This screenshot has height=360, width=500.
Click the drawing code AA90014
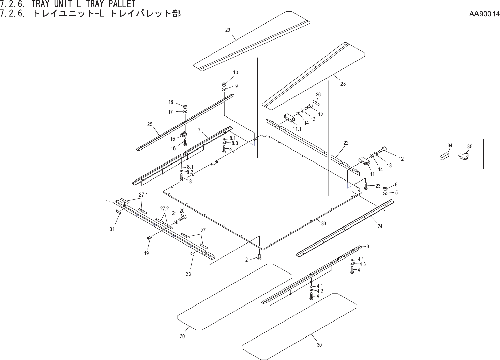click(484, 14)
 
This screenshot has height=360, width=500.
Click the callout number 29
click(228, 30)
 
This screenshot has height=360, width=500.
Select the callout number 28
click(343, 84)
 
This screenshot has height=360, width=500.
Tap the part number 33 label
click(323, 224)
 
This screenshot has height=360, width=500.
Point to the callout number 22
click(346, 143)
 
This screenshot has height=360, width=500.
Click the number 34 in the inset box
click(450, 145)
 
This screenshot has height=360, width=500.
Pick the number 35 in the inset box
click(470, 147)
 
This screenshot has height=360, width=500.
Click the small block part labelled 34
click(443, 157)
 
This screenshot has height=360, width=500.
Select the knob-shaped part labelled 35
click(463, 156)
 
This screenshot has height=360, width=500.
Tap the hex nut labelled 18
click(185, 106)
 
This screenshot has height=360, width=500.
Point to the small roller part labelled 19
click(149, 237)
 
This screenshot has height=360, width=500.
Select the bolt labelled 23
click(366, 186)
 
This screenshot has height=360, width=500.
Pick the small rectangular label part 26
click(317, 103)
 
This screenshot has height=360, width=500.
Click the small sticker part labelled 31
click(119, 212)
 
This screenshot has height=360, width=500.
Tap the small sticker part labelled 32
click(192, 254)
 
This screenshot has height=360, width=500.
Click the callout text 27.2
click(165, 208)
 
